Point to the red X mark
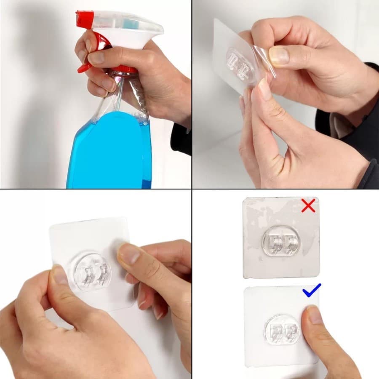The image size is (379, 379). click(308, 206)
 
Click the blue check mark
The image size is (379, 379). click(311, 291)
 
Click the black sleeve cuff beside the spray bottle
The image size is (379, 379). click(181, 139)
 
